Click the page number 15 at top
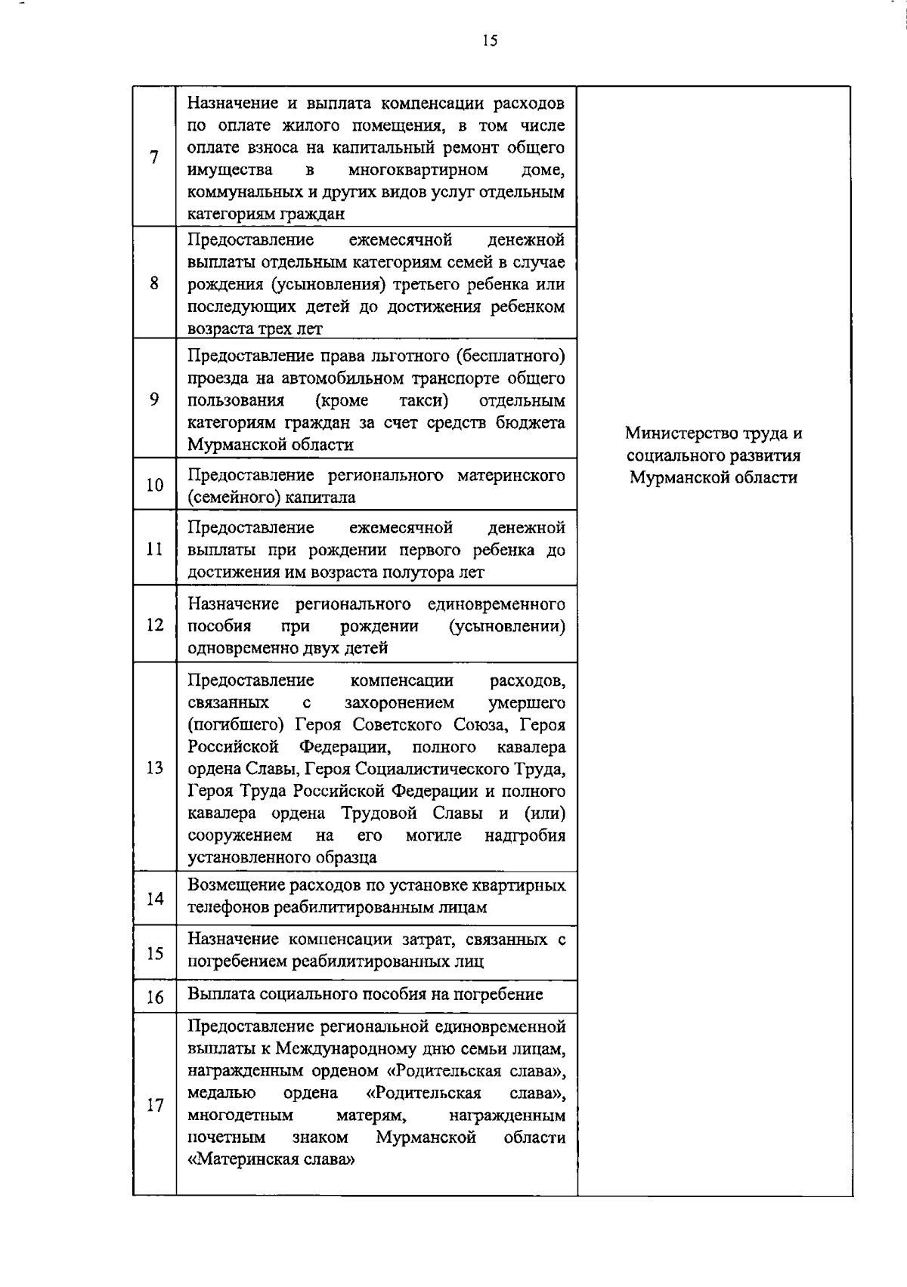pyautogui.click(x=490, y=42)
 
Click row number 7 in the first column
pyautogui.click(x=154, y=157)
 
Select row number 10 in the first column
pyautogui.click(x=154, y=485)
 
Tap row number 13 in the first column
pyautogui.click(x=154, y=769)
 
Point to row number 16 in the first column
pyautogui.click(x=154, y=998)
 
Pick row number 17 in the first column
pyautogui.click(x=154, y=1105)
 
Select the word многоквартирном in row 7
pyautogui.click(x=419, y=170)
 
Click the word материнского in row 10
pyautogui.click(x=511, y=476)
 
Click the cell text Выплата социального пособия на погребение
pyautogui.click(x=365, y=994)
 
